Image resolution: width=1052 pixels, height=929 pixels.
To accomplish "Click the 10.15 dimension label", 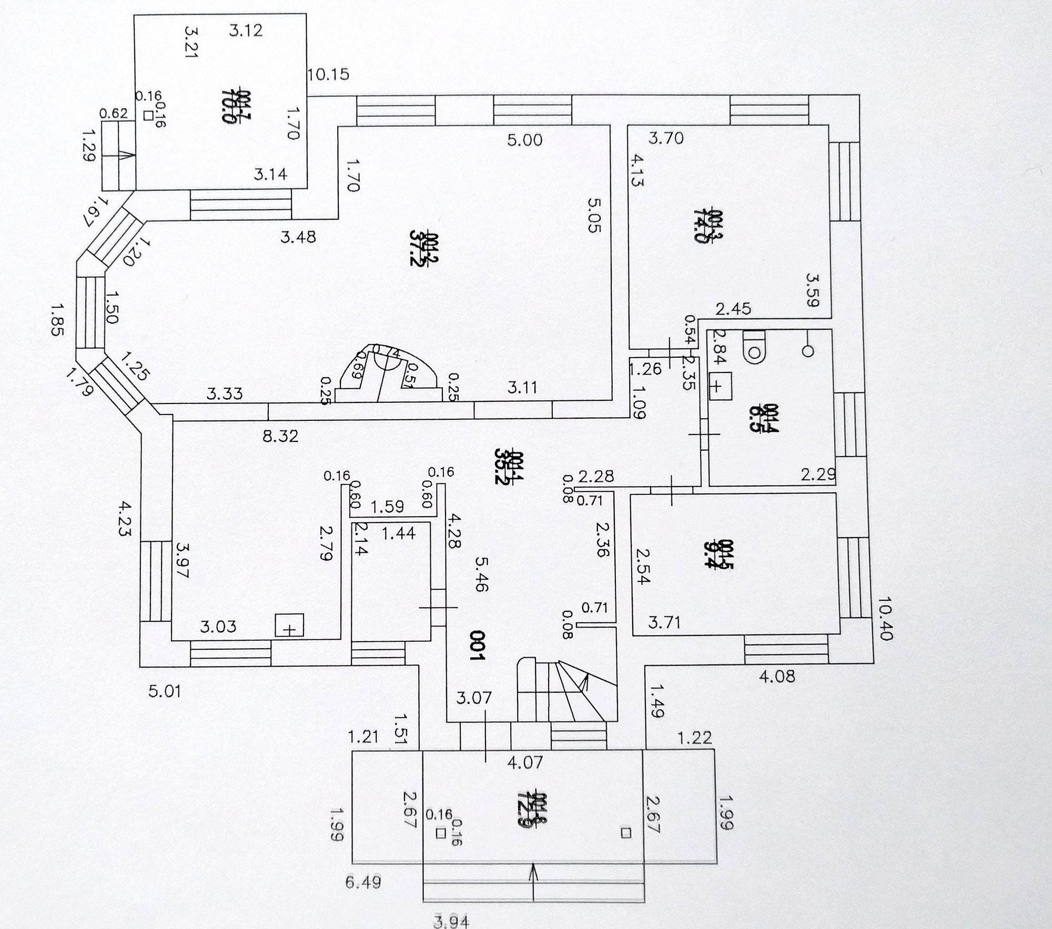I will pos(328,75).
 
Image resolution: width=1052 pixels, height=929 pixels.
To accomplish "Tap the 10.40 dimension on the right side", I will pos(885,618).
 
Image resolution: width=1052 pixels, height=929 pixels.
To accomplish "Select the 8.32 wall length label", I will pos(280,436).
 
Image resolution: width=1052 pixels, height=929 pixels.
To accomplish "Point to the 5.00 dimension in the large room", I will pos(524,140).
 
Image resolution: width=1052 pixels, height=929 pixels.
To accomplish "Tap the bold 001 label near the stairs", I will pos(476,645).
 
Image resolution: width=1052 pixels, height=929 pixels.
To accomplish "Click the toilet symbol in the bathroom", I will pos(754,347).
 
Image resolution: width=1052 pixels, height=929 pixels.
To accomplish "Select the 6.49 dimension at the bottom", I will pos(363,882).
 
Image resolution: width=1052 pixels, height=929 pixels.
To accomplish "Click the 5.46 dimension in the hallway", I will pos(481,574).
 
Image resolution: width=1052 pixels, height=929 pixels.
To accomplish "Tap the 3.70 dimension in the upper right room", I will pos(665,138).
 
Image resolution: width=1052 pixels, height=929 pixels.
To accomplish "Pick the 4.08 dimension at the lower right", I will pos(777,676).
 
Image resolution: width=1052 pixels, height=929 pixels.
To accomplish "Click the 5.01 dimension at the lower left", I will pos(165,691).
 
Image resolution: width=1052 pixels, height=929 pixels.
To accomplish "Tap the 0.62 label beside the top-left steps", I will pos(114,113).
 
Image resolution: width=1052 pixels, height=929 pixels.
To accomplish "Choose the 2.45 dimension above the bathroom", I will pos(733,308).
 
